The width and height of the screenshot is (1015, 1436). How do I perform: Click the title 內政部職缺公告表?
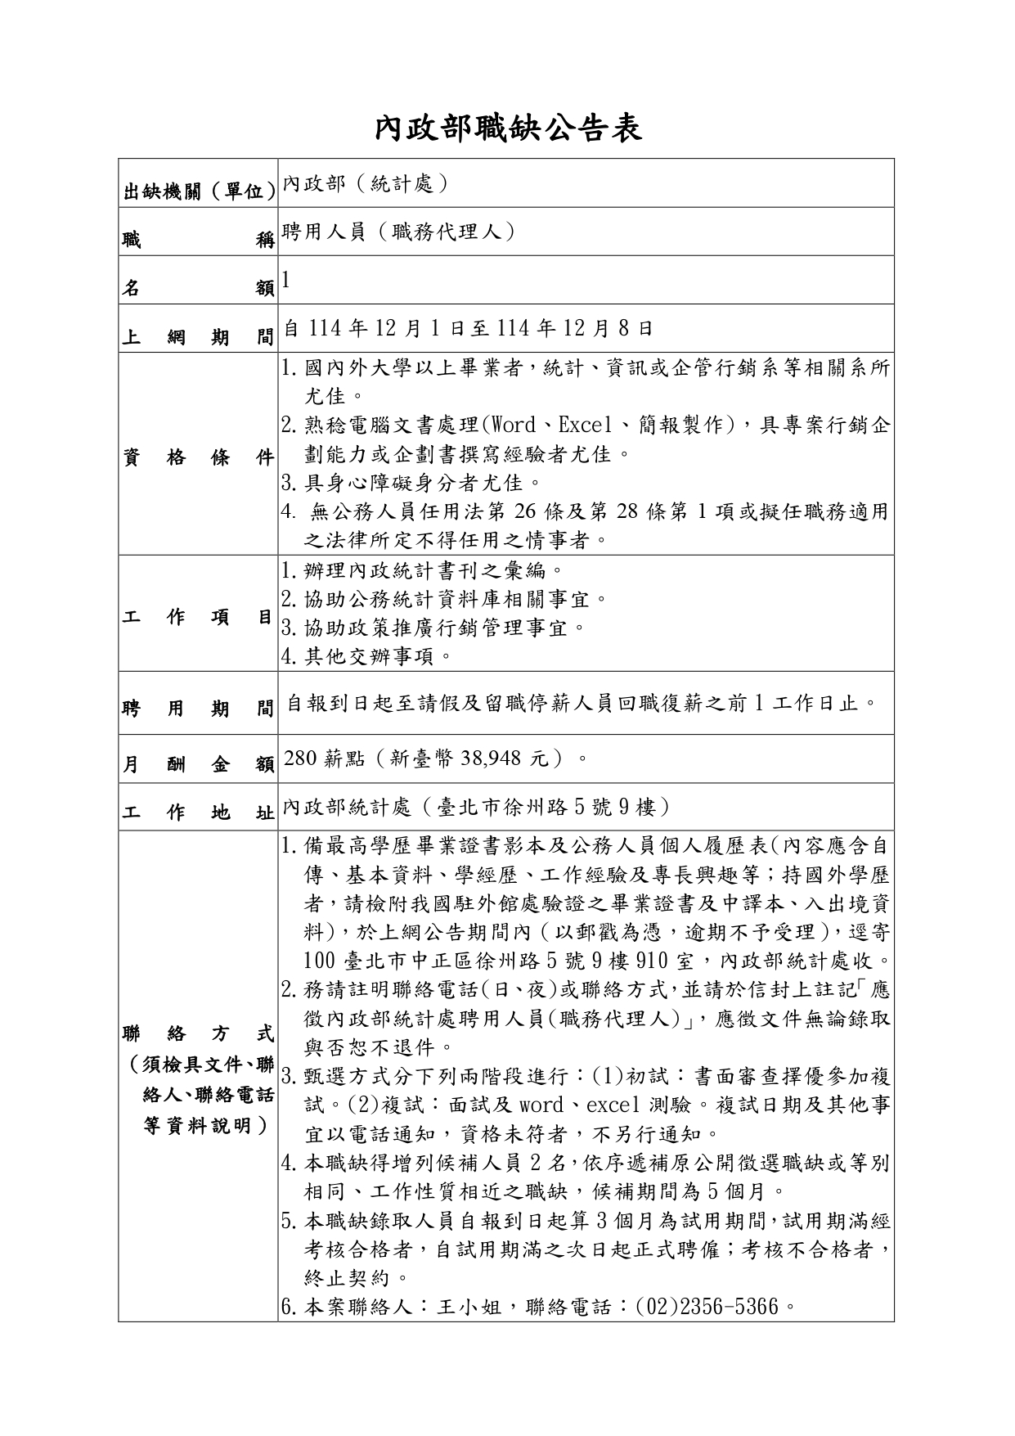(507, 128)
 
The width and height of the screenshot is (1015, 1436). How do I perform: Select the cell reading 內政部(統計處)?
(366, 183)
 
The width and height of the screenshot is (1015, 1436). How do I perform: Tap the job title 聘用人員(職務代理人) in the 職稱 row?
(400, 232)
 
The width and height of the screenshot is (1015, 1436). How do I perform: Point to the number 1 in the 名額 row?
(285, 280)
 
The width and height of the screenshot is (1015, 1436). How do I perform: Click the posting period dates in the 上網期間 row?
(468, 328)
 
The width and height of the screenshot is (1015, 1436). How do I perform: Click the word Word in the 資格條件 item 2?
(512, 425)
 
